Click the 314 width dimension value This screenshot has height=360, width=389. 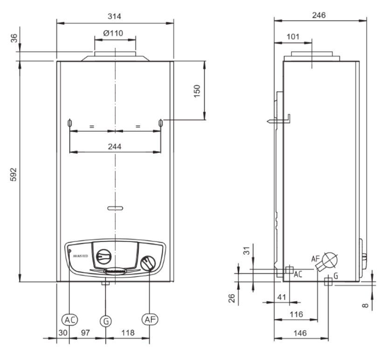pyautogui.click(x=114, y=16)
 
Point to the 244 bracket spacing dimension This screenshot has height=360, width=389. pyautogui.click(x=114, y=146)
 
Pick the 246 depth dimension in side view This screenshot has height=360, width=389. pyautogui.click(x=318, y=15)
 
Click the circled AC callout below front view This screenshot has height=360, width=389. pyautogui.click(x=69, y=319)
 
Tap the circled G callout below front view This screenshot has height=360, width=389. pyautogui.click(x=106, y=321)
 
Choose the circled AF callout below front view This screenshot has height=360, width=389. pyautogui.click(x=149, y=319)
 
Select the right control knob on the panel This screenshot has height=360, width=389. pyautogui.click(x=149, y=263)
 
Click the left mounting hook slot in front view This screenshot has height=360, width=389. pyautogui.click(x=69, y=123)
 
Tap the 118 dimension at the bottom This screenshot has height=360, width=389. pyautogui.click(x=128, y=332)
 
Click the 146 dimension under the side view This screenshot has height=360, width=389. pyautogui.click(x=300, y=333)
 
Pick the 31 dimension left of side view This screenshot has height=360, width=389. pyautogui.click(x=247, y=250)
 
